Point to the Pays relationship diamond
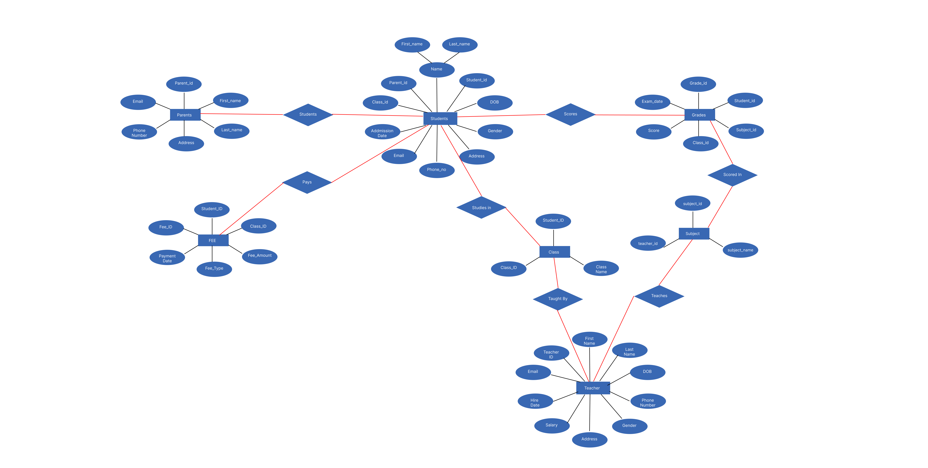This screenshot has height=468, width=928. click(307, 182)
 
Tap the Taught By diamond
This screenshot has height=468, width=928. click(558, 299)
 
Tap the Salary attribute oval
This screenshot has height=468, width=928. click(552, 425)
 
